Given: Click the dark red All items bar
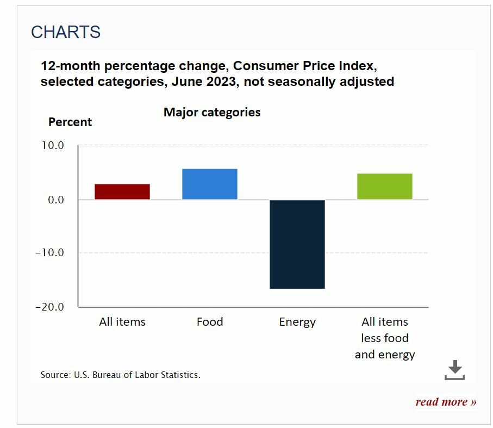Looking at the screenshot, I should pyautogui.click(x=122, y=191).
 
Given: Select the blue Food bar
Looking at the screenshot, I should pyautogui.click(x=209, y=184).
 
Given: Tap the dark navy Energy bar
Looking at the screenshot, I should pyautogui.click(x=297, y=244).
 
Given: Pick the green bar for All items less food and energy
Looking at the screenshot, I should pyautogui.click(x=384, y=186).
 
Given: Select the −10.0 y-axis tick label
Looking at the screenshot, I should pyautogui.click(x=49, y=253).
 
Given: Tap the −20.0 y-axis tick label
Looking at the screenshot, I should pyautogui.click(x=49, y=307).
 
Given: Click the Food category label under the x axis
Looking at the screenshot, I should pyautogui.click(x=210, y=322).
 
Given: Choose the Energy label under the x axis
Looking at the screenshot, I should pyautogui.click(x=297, y=322).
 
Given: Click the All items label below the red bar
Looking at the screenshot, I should pyautogui.click(x=122, y=322).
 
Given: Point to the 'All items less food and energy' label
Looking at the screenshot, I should pyautogui.click(x=385, y=338).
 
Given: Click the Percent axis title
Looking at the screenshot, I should pyautogui.click(x=70, y=122).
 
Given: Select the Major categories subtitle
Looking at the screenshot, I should pyautogui.click(x=212, y=112).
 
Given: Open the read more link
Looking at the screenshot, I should pyautogui.click(x=446, y=402).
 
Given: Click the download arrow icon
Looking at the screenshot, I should pyautogui.click(x=455, y=370).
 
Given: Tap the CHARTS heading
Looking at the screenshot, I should pyautogui.click(x=66, y=32).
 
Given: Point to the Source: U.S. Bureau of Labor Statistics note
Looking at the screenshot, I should pyautogui.click(x=121, y=375).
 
